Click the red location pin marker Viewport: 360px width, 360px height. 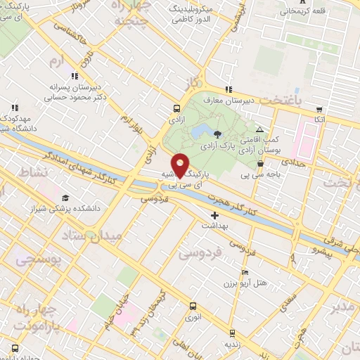coord(180,166)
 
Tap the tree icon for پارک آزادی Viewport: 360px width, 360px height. coord(217,134)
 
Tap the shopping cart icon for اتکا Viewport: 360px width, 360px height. coord(319,110)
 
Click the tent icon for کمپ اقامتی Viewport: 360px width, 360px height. coord(259,130)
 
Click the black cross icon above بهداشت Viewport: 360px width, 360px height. coord(214,215)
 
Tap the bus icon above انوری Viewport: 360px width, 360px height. coord(193,306)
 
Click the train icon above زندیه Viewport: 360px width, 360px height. coord(229,334)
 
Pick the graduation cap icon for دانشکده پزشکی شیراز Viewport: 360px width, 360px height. coord(65,198)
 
